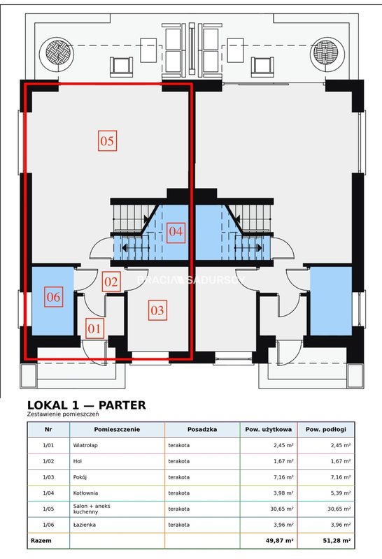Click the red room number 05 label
pyautogui.click(x=107, y=141)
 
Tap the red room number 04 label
pyautogui.click(x=176, y=232)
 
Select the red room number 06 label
pyautogui.click(x=54, y=297)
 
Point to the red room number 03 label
pyautogui.click(x=157, y=310)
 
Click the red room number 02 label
pyautogui.click(x=111, y=282)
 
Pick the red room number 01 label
pyautogui.click(x=94, y=328)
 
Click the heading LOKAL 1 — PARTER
pyautogui.click(x=87, y=405)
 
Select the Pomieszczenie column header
pyautogui.click(x=117, y=430)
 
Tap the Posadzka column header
pyautogui.click(x=202, y=430)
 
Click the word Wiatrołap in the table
pyautogui.click(x=85, y=445)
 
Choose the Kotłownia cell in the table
pyautogui.click(x=85, y=493)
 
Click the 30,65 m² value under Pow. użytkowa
pyautogui.click(x=282, y=509)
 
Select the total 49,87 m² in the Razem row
pyautogui.click(x=280, y=541)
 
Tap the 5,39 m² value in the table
pyautogui.click(x=339, y=493)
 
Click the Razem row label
pyautogui.click(x=41, y=541)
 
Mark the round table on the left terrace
pyautogui.click(x=57, y=55)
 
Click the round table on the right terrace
pyautogui.click(x=327, y=55)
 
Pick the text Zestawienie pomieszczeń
pyautogui.click(x=63, y=414)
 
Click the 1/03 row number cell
pyautogui.click(x=48, y=477)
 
